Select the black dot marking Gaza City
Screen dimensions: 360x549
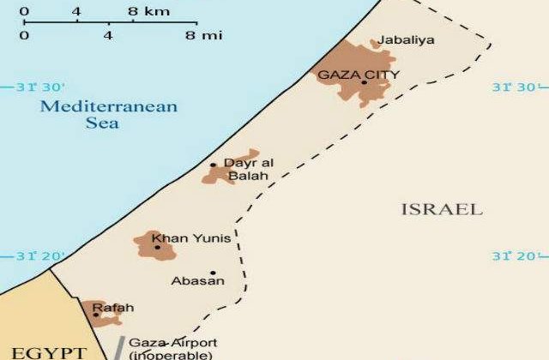[364, 82]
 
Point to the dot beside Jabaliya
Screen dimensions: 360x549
[372, 44]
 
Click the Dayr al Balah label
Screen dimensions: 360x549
[246, 169]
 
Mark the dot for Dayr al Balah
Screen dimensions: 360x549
[214, 165]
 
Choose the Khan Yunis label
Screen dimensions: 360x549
[178, 238]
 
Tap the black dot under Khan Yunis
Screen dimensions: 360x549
[157, 248]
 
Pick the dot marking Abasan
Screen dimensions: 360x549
[213, 273]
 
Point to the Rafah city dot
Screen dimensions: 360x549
[96, 315]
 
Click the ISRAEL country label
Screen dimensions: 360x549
[442, 209]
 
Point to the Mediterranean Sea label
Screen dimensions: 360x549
[108, 115]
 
